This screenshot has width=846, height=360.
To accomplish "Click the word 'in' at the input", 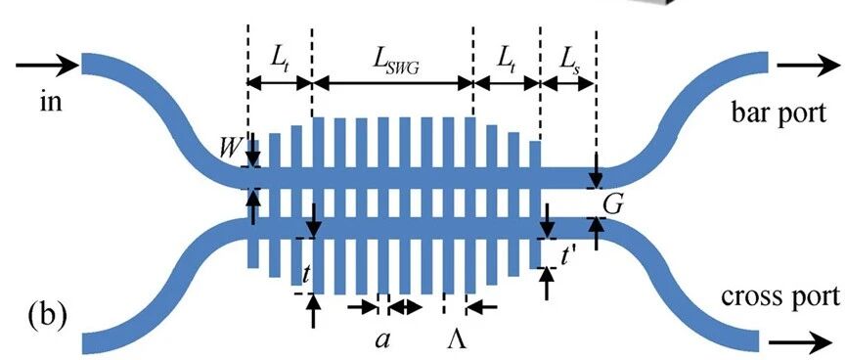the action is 51,102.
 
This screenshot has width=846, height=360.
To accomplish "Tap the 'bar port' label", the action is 779,113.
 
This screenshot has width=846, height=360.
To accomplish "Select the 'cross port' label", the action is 780,296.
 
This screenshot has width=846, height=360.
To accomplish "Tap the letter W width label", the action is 229,150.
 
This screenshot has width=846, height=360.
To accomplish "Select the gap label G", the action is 614,204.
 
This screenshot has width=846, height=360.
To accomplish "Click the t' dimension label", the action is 565,258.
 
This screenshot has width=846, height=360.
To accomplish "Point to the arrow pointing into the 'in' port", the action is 48,66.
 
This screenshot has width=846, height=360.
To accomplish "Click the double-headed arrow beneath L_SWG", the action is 393,83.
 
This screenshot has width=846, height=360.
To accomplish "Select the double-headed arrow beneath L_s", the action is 567,83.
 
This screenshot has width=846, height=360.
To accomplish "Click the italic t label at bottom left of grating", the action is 305,275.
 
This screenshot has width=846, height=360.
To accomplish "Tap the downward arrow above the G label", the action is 596,170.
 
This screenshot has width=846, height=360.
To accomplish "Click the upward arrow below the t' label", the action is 547,284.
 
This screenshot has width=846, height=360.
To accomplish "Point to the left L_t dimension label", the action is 280,66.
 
